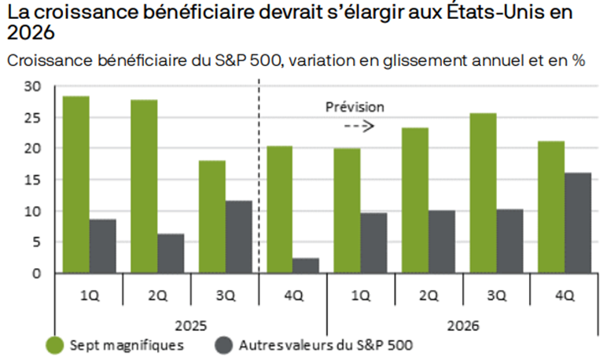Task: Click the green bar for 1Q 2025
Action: [75, 185]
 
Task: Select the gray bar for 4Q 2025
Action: [306, 266]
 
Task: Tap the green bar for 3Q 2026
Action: [483, 193]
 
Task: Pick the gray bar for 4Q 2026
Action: [578, 223]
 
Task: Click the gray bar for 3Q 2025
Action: [239, 237]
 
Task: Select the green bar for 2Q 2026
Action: [415, 200]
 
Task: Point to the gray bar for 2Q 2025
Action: [171, 254]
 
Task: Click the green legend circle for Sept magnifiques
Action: [54, 345]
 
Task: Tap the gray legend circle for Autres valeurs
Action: [224, 345]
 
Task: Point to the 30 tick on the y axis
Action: [32, 86]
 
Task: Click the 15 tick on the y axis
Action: [32, 180]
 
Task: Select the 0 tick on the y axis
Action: [36, 274]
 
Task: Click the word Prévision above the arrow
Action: [355, 107]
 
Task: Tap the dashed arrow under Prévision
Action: [359, 126]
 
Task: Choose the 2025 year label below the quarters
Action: [191, 325]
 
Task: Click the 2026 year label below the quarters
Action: [463, 325]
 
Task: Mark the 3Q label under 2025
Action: [226, 296]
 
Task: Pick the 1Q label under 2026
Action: [361, 296]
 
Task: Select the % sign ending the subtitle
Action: [579, 61]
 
